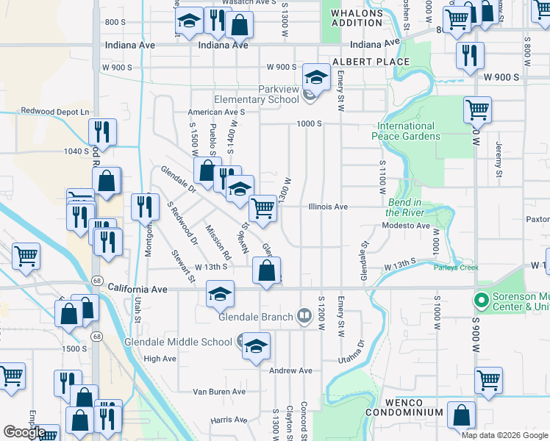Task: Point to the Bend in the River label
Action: (x=404, y=207)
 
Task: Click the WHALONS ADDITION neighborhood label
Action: (x=357, y=18)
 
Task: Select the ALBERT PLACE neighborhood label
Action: (x=370, y=62)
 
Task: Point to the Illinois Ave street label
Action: (x=328, y=207)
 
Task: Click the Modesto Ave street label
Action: (x=406, y=226)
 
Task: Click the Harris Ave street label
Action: (x=229, y=420)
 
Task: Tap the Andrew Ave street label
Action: (x=292, y=370)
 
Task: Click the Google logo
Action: (x=24, y=432)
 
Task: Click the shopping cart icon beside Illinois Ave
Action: (x=262, y=208)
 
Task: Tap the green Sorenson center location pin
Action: (x=482, y=301)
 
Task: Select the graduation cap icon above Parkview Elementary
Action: (x=316, y=76)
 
